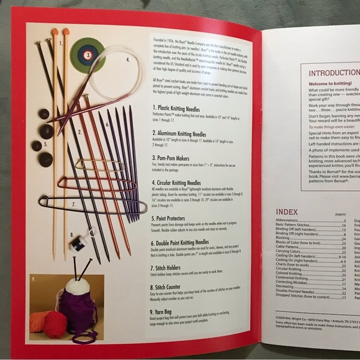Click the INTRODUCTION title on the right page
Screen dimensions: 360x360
point(334,73)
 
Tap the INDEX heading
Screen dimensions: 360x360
point(287,212)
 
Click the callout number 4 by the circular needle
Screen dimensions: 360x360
point(127,60)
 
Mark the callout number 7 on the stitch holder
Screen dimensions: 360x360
point(73,204)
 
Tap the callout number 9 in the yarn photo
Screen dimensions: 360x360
point(34,271)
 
